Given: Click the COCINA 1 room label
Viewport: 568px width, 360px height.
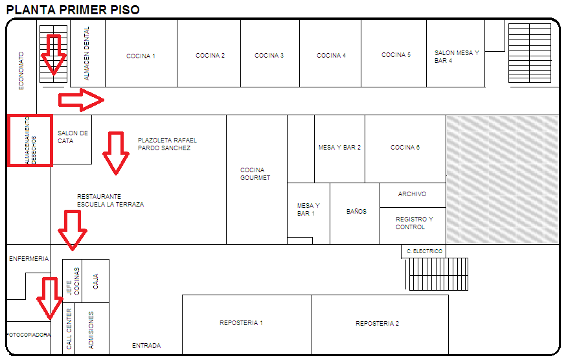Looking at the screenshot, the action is point(141,56).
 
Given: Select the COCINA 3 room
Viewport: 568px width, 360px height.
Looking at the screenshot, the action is point(269,56).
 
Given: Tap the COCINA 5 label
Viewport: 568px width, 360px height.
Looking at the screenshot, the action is point(396,55).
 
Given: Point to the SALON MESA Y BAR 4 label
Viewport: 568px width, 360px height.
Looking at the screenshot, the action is point(456,57).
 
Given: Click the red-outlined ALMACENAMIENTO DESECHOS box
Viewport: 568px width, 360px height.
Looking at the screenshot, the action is point(29,140).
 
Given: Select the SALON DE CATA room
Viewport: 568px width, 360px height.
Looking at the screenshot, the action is point(72,137).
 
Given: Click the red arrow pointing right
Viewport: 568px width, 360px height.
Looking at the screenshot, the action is point(82,100).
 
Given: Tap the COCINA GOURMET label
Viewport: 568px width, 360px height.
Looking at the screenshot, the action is point(255,174).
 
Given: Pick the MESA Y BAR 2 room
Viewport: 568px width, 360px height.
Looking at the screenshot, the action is point(339,148).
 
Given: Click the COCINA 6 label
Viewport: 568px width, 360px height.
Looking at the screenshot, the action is point(405,148).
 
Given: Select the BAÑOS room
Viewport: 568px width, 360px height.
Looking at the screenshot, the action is point(356,212).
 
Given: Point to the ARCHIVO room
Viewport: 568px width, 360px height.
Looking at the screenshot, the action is point(412,194).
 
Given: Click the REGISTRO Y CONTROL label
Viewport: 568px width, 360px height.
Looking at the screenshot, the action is point(413,223).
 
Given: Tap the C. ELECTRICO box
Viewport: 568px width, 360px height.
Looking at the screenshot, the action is point(424,251).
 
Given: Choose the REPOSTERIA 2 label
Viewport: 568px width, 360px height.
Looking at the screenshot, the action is point(377,324).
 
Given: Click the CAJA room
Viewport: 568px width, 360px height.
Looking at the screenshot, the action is point(96,281).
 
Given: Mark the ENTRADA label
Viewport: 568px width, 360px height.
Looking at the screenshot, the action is point(146,346).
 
